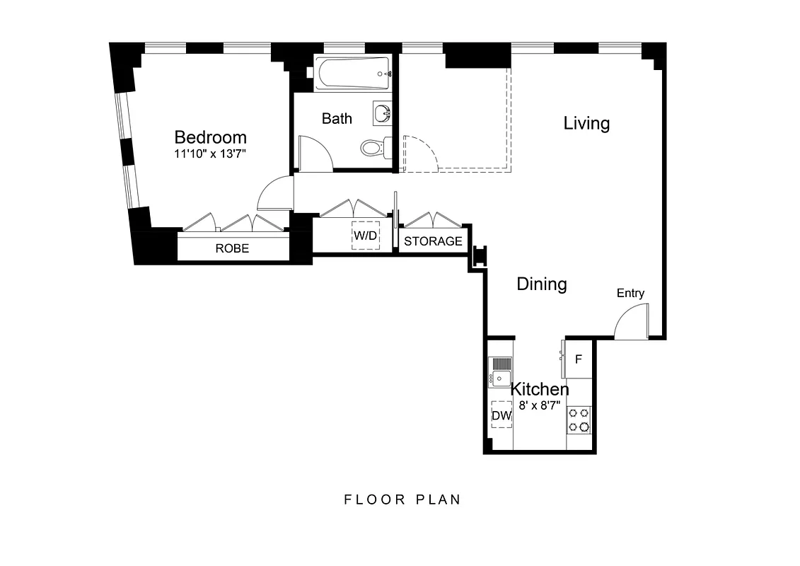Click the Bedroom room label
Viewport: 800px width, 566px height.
(x=211, y=137)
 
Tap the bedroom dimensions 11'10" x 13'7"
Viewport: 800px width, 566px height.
(x=211, y=154)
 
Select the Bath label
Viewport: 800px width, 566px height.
(x=337, y=118)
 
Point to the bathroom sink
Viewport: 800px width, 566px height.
(x=382, y=113)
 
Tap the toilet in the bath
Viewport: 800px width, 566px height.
(x=373, y=147)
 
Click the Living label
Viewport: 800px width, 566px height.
(x=586, y=123)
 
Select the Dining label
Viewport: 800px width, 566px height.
(x=542, y=284)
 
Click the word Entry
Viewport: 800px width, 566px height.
(x=630, y=293)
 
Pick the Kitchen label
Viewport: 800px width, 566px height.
(x=540, y=389)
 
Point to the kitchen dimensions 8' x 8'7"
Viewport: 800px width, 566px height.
(x=540, y=405)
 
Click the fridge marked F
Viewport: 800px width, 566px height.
(x=579, y=359)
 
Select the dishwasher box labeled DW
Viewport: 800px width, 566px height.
(x=502, y=416)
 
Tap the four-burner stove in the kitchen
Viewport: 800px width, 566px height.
(x=579, y=420)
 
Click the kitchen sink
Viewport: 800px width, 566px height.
(x=501, y=372)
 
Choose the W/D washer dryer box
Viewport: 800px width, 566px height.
(x=366, y=236)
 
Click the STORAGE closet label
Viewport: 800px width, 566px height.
(x=433, y=241)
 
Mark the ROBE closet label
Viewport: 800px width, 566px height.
(x=232, y=248)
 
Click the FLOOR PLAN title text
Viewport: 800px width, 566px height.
(x=402, y=499)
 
